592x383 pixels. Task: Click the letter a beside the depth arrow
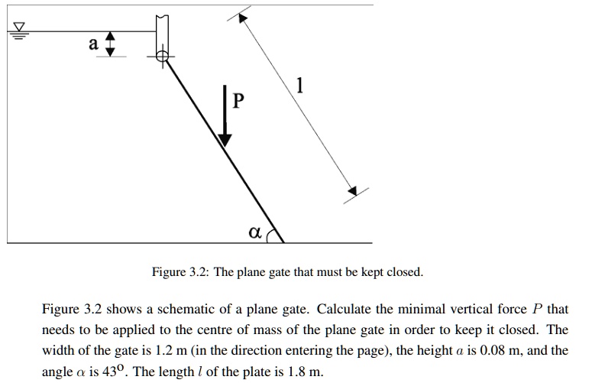pos(93,44)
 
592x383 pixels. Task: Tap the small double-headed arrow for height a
pos(111,44)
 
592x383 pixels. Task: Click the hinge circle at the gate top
pos(162,56)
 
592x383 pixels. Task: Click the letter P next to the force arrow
pos(239,101)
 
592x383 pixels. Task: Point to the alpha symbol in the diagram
pos(254,229)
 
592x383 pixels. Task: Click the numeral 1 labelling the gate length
pos(300,89)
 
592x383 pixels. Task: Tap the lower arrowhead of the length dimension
pos(351,190)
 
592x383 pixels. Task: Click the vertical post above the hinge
pos(161,32)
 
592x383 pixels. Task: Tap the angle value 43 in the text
pos(120,372)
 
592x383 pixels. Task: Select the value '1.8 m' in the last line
pos(304,372)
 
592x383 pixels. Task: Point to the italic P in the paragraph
pos(537,310)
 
